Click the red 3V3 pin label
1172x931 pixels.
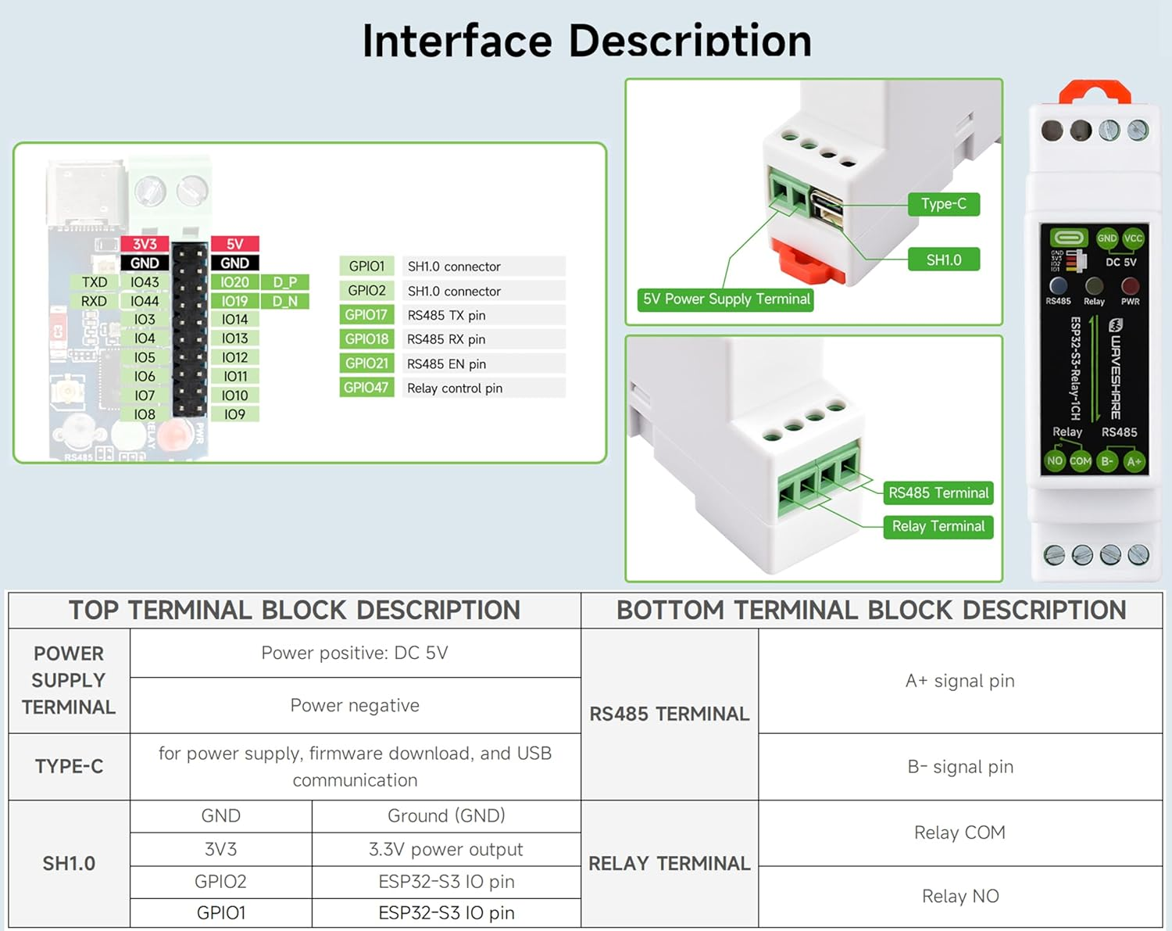tap(145, 244)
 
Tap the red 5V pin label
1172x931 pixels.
tap(234, 244)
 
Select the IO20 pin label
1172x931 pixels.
tap(234, 282)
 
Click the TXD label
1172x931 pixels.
tap(95, 282)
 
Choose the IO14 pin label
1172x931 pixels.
tap(234, 320)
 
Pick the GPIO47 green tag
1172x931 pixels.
tap(366, 388)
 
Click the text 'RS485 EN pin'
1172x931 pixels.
tap(446, 363)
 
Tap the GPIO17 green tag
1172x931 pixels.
tap(366, 315)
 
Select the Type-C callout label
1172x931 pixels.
tap(943, 204)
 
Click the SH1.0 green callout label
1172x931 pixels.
tap(943, 260)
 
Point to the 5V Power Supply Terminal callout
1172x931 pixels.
tap(726, 299)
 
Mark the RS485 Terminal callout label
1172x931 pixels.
tap(938, 493)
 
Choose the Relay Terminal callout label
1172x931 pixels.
tap(938, 527)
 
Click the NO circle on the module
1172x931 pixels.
tap(1055, 461)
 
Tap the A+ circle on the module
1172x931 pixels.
tap(1134, 462)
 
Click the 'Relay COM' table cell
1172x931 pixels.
tap(959, 833)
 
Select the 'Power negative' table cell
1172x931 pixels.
tap(355, 705)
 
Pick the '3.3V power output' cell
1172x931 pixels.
tap(445, 849)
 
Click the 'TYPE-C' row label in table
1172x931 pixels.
tap(69, 766)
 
